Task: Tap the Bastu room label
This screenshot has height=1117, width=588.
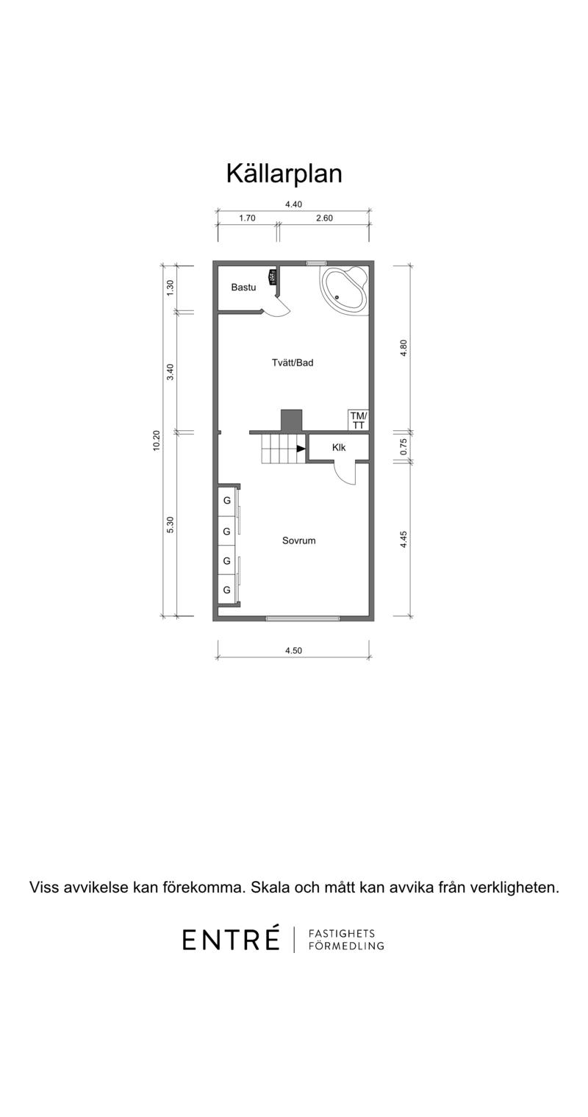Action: point(244,288)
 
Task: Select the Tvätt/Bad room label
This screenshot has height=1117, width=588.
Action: point(293,363)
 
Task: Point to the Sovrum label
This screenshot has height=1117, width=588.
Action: point(299,540)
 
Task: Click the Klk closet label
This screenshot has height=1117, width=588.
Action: point(339,447)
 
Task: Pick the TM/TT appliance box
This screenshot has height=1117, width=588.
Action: point(358,421)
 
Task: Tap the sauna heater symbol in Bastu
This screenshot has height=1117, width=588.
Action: point(273,276)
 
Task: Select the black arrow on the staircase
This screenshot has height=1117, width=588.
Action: point(301,449)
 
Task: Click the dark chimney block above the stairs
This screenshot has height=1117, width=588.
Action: point(292,421)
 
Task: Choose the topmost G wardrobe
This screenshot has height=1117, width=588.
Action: point(227,501)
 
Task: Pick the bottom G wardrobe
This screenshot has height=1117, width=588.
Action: point(227,590)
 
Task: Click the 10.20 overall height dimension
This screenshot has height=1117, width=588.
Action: point(157,440)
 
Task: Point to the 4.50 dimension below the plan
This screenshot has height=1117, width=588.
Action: point(293,650)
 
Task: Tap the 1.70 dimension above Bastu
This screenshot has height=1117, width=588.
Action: point(247,218)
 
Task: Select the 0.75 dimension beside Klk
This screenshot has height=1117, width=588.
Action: point(404,446)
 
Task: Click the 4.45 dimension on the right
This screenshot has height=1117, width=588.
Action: point(404,540)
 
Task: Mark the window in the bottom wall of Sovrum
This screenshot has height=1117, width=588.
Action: point(303,619)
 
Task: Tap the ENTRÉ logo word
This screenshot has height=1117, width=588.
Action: point(231,940)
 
